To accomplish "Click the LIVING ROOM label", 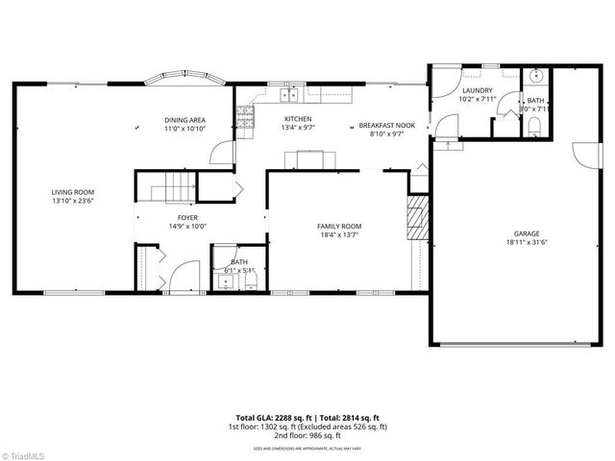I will [x=73, y=192].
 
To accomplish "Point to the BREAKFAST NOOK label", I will [x=386, y=126].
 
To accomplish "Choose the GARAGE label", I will [x=526, y=233].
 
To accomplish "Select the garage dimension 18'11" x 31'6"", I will [x=526, y=242].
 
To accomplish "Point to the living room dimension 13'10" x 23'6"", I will [x=73, y=201].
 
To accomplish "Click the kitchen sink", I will [x=287, y=95].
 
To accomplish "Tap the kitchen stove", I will [x=243, y=118].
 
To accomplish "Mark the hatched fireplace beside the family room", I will [x=416, y=219].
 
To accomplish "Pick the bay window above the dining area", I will [x=183, y=77].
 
